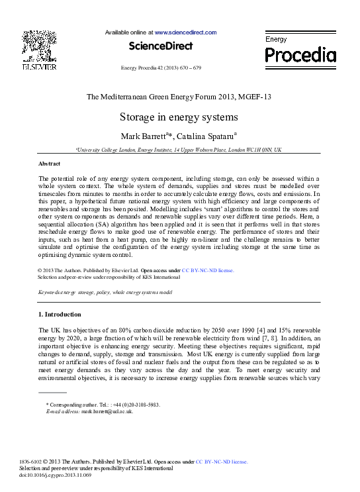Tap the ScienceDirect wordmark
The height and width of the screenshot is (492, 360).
[160, 46]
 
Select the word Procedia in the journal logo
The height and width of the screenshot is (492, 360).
[300, 54]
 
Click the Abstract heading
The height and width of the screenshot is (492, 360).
[50, 163]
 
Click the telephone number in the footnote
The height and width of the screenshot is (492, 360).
[135, 405]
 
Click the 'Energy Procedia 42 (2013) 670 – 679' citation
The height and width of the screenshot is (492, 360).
[161, 68]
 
